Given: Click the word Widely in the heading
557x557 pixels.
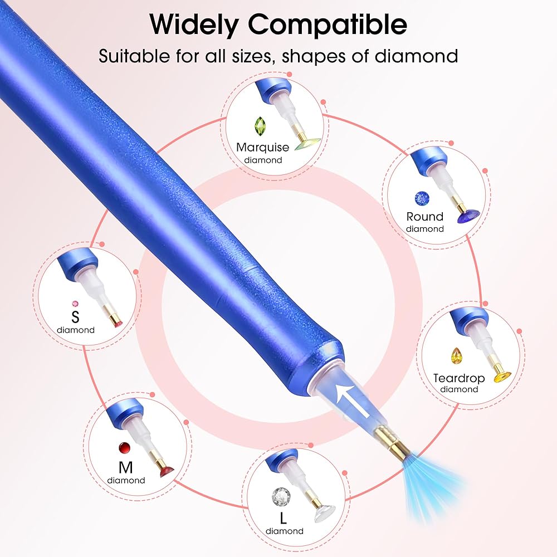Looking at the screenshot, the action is pyautogui.click(x=194, y=24).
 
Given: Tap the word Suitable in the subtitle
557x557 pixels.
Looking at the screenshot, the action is pyautogui.click(x=134, y=56).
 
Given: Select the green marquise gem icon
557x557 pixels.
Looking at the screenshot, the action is pyautogui.click(x=260, y=126).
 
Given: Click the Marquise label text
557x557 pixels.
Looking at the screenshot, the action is pyautogui.click(x=262, y=147).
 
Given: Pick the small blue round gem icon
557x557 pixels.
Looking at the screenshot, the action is pyautogui.click(x=422, y=199).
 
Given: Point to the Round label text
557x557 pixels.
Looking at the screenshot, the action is pyautogui.click(x=425, y=216).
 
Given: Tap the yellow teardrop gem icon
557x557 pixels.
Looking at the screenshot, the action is pyautogui.click(x=456, y=356).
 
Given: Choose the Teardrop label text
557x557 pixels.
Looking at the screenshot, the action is pyautogui.click(x=459, y=378).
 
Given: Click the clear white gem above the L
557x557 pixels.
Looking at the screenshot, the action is pyautogui.click(x=281, y=496).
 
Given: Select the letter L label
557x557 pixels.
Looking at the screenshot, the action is pyautogui.click(x=283, y=518).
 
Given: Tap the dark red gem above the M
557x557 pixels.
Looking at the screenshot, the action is pyautogui.click(x=125, y=448).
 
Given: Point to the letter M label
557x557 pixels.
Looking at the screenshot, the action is pyautogui.click(x=126, y=467).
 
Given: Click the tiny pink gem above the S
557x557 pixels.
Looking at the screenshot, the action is pyautogui.click(x=75, y=304).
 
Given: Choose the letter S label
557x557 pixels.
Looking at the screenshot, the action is pyautogui.click(x=75, y=316).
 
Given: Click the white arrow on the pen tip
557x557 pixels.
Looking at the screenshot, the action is pyautogui.click(x=353, y=401).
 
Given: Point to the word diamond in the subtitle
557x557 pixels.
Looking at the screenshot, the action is pyautogui.click(x=416, y=56).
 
